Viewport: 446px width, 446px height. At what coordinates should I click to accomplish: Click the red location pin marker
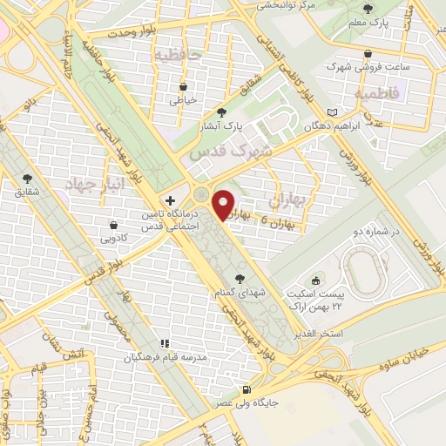tap(225, 204)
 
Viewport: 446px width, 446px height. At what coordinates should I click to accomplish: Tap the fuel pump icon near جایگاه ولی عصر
tap(248, 389)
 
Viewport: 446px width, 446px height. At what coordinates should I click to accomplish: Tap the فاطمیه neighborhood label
tap(377, 91)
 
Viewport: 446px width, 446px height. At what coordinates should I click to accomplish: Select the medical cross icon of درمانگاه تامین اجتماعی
tap(170, 200)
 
